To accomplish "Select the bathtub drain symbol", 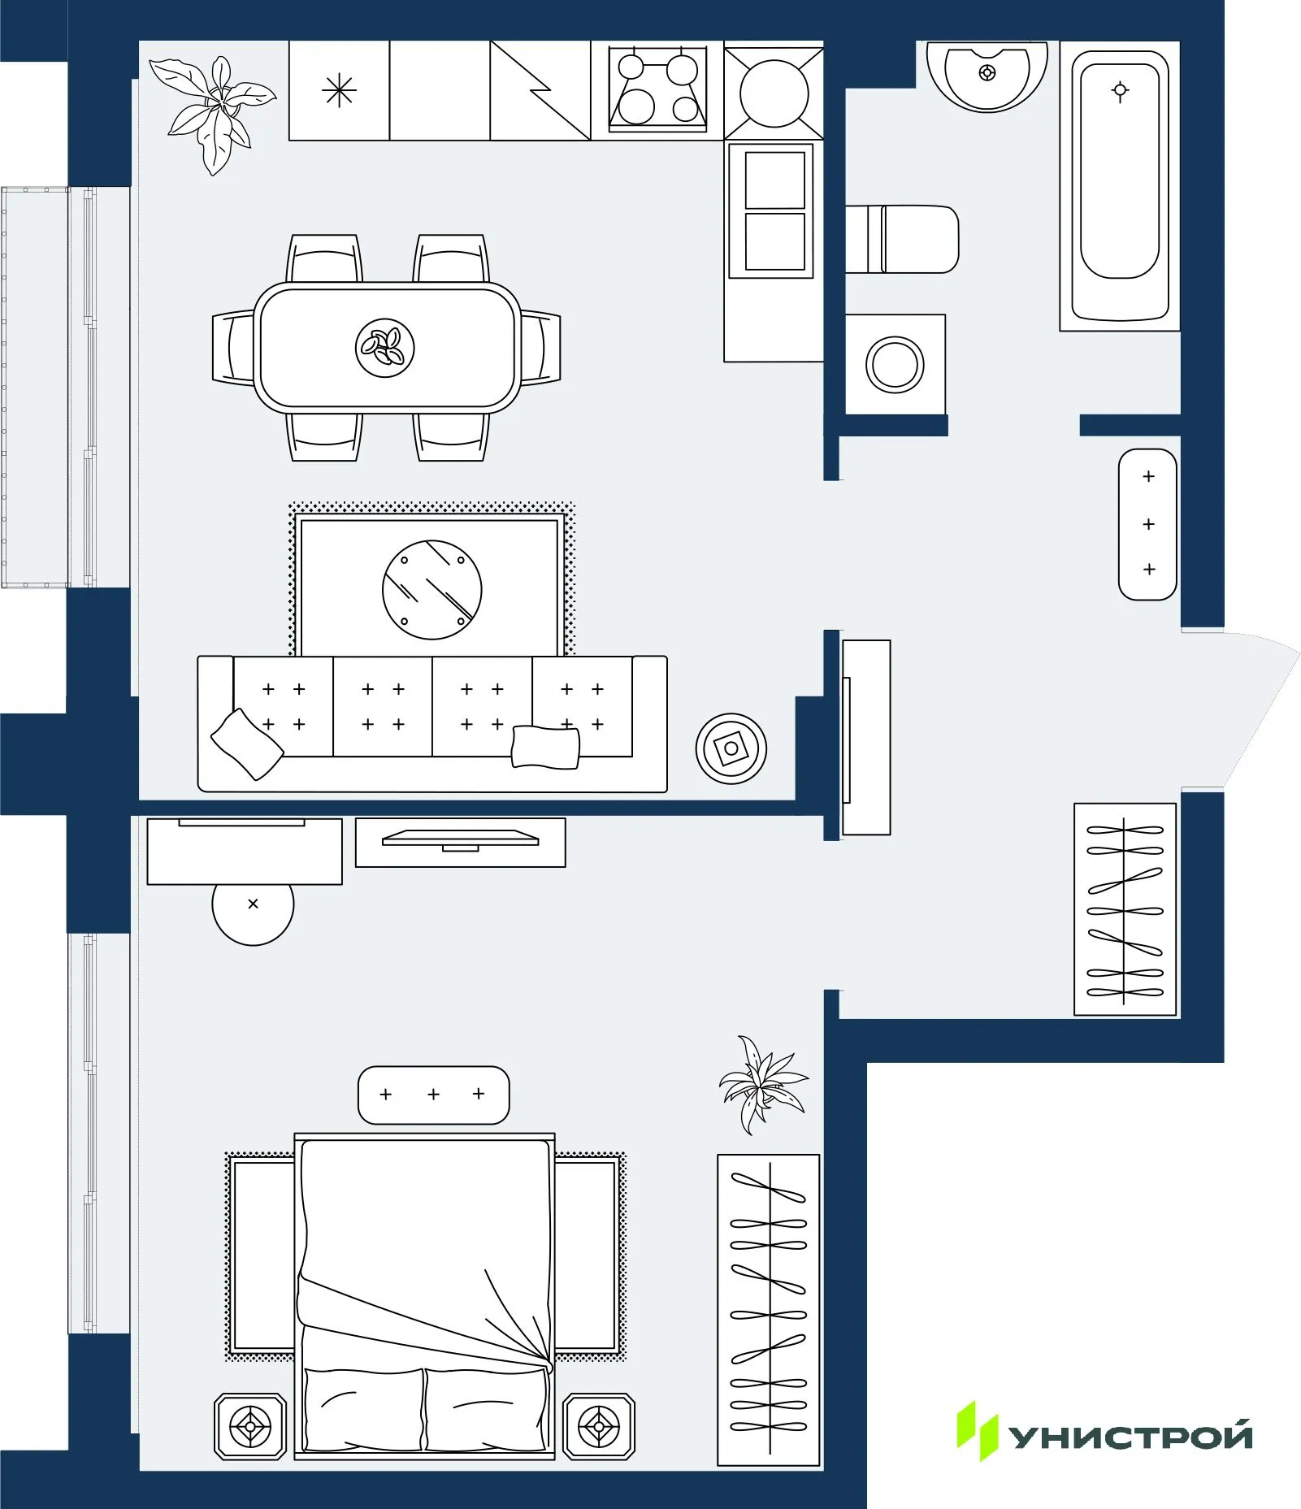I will [x=1120, y=91].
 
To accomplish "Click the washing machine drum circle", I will [x=895, y=365].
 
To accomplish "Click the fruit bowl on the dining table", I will [x=385, y=348].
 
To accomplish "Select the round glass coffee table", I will [x=431, y=589].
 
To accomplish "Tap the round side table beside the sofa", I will [x=731, y=748].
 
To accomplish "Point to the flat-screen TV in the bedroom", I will [x=461, y=839].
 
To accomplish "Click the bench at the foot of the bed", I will [x=433, y=1095].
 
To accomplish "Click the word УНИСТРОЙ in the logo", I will [x=1130, y=1436].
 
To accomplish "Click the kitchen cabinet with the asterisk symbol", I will [x=339, y=90].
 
